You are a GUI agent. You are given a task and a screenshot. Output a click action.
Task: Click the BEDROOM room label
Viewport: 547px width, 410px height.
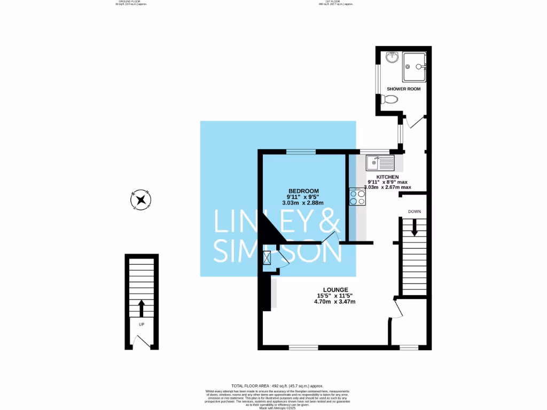303,191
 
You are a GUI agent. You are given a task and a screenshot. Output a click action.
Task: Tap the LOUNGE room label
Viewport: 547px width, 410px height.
335,289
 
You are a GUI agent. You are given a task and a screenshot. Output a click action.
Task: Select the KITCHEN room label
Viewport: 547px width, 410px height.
388,177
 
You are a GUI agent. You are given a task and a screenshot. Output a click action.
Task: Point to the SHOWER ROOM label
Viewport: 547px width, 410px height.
404,89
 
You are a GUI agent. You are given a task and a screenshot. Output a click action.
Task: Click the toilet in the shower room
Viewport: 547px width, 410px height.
390,99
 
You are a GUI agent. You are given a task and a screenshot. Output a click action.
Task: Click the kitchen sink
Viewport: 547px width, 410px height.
380,160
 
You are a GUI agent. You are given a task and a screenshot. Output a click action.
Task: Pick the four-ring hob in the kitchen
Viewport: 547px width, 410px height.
357,198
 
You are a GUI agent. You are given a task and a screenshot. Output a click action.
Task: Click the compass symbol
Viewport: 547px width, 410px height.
141,200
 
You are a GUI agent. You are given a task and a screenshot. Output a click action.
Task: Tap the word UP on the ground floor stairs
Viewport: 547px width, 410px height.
142,324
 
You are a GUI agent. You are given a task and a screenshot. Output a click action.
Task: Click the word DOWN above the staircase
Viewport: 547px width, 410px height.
415,211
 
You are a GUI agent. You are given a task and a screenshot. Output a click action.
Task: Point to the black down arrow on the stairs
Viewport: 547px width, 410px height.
415,228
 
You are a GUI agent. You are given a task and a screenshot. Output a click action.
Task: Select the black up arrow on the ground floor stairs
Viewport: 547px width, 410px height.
142,307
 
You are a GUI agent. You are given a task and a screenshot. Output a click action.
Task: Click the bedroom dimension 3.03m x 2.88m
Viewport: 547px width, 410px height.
303,203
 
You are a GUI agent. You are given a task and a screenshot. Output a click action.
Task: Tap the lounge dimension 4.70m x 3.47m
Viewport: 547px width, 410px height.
335,302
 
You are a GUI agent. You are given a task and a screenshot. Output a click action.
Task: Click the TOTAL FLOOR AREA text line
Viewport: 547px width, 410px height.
277,385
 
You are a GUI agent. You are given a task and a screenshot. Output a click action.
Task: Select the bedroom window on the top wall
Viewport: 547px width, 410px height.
301,152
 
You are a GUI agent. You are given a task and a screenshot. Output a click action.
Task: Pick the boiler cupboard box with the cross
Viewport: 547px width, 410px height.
267,258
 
